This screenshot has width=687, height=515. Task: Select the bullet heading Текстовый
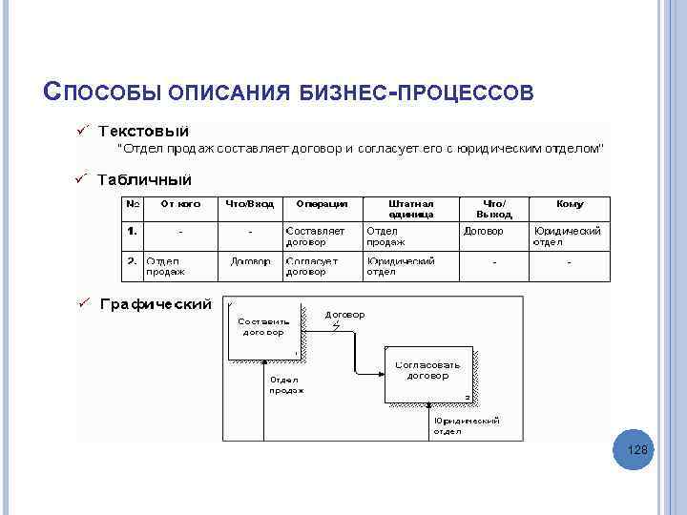pyautogui.click(x=143, y=131)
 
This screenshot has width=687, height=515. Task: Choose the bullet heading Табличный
pyautogui.click(x=144, y=179)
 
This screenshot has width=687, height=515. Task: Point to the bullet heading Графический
pyautogui.click(x=156, y=304)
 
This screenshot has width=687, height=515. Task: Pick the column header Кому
pyautogui.click(x=570, y=203)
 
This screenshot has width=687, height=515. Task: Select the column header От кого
pyautogui.click(x=179, y=203)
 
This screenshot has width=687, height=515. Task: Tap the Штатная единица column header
pyautogui.click(x=411, y=208)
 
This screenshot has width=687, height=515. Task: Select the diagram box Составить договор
pyautogui.click(x=262, y=330)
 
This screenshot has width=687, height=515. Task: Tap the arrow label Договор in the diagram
pyautogui.click(x=344, y=314)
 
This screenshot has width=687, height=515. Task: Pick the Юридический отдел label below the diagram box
pyautogui.click(x=467, y=425)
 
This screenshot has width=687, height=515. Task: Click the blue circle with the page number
pyautogui.click(x=637, y=449)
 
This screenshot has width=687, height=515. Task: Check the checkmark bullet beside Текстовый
pyautogui.click(x=83, y=128)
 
